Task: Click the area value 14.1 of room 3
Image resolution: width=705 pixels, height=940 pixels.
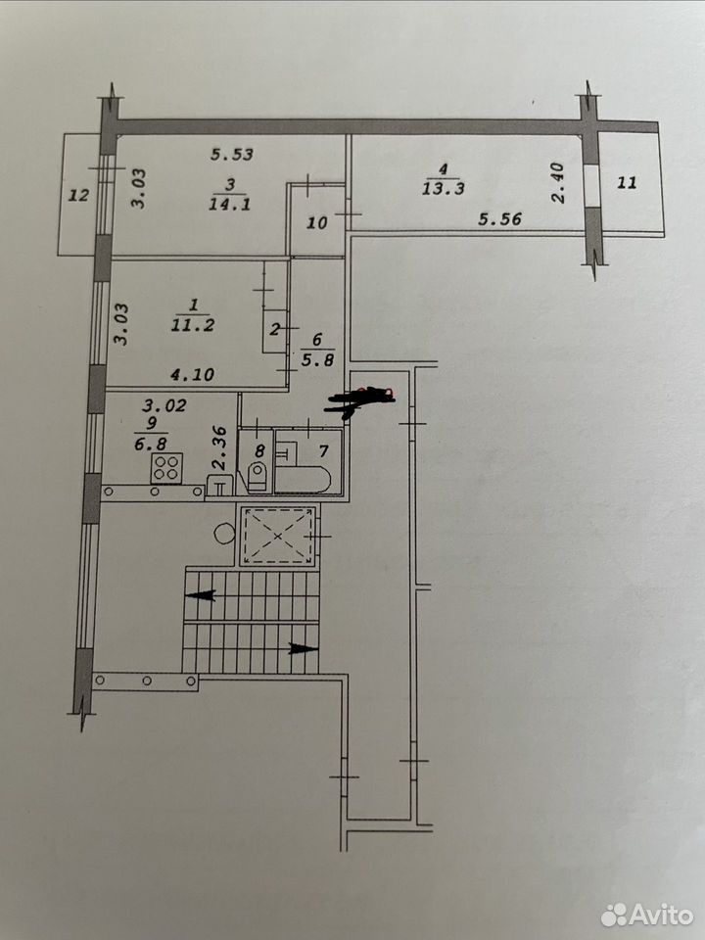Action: (229, 204)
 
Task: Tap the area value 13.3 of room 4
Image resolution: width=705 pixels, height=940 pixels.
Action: (443, 188)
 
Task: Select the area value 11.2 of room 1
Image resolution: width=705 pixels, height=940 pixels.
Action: (193, 325)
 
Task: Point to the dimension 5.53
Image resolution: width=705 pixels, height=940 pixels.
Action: (232, 155)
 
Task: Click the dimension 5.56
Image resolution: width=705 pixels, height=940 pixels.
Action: (499, 218)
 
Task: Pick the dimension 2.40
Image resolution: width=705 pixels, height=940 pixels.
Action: (557, 183)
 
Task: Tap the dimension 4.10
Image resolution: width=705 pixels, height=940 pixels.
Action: (193, 375)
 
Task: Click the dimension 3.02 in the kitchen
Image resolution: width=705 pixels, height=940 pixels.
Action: (164, 405)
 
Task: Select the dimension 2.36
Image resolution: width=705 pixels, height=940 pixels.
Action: (219, 447)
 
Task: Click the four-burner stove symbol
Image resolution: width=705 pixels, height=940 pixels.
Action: (166, 468)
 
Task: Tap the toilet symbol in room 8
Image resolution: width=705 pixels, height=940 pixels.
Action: (258, 476)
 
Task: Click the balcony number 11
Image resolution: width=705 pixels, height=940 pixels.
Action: (627, 182)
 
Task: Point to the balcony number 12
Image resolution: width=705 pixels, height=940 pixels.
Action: (78, 195)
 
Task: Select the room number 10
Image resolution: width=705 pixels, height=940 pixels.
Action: (316, 222)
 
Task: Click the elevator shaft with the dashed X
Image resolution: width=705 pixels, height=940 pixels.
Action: (277, 536)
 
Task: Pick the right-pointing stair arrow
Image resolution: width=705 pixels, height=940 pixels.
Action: (304, 648)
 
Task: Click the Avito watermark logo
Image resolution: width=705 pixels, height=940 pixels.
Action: (647, 915)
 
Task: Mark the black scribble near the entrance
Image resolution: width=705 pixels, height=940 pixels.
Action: (359, 400)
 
